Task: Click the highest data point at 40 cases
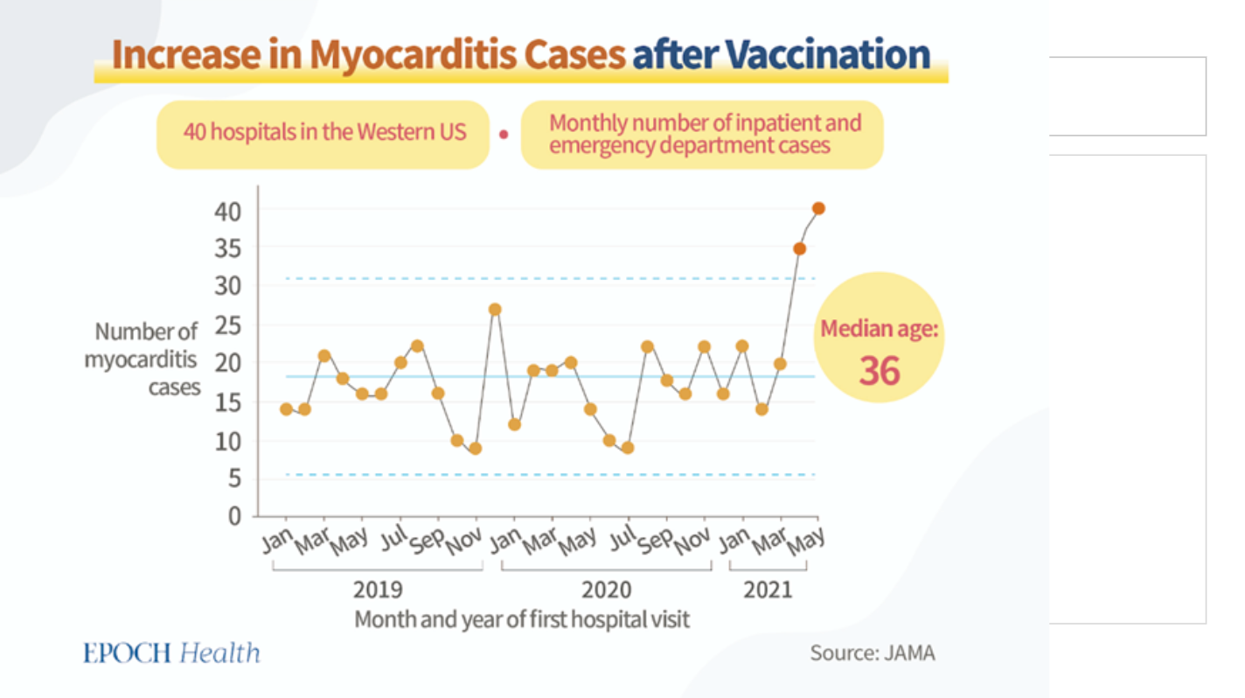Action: click(x=818, y=208)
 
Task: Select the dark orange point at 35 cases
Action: click(x=799, y=248)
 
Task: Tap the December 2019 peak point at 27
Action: click(x=495, y=309)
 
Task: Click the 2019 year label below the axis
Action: click(x=378, y=589)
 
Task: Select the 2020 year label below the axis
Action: click(x=607, y=589)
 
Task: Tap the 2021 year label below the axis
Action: click(x=768, y=589)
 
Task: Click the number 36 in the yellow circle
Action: click(x=879, y=371)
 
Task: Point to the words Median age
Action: click(x=879, y=331)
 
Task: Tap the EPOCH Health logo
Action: click(x=171, y=653)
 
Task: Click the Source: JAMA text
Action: click(x=872, y=653)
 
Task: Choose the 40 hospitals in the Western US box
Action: click(x=324, y=133)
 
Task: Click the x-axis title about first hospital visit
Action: click(x=522, y=619)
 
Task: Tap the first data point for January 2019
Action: click(x=286, y=409)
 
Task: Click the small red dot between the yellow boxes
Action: click(x=504, y=135)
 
